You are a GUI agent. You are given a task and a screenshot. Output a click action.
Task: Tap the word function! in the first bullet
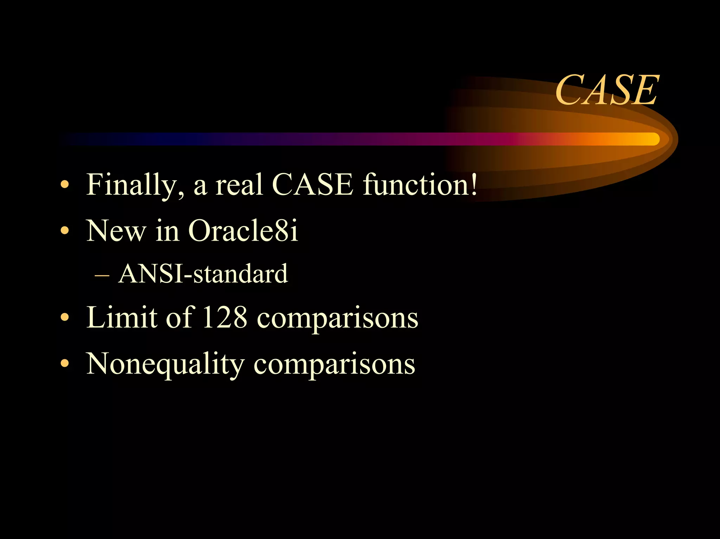[420, 185]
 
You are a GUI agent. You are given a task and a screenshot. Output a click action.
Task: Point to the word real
[239, 185]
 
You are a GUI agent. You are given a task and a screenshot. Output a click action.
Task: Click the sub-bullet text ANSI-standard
[203, 274]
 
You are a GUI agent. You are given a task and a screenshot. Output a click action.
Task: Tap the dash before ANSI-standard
[102, 275]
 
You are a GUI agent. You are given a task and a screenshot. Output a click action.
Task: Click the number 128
[225, 317]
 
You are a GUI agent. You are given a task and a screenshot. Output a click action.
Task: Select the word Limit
[122, 317]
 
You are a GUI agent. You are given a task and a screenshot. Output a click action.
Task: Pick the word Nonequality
[165, 364]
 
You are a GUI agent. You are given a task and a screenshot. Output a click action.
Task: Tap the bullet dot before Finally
[65, 185]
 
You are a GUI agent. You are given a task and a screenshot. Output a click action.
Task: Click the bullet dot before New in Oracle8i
[65, 231]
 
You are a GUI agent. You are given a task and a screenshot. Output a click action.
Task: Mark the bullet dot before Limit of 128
[65, 317]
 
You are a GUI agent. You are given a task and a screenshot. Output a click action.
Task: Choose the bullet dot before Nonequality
[65, 363]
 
